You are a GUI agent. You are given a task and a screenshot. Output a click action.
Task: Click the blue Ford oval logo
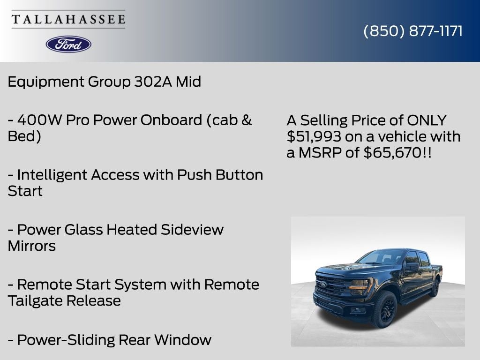68,44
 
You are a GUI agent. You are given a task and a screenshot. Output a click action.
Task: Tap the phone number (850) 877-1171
413,31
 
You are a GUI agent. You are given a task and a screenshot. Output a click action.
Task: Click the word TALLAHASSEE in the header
68,19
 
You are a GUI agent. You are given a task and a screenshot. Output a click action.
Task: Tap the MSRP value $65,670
392,152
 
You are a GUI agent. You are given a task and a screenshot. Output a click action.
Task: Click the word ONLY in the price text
427,120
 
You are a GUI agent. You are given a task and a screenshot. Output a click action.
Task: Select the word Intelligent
52,175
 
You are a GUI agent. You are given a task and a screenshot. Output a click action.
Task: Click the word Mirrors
31,246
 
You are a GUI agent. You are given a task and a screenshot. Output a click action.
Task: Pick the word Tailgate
35,300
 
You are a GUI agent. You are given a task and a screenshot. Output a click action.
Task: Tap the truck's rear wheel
435,287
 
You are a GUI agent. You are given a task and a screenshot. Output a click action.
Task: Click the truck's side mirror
412,266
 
